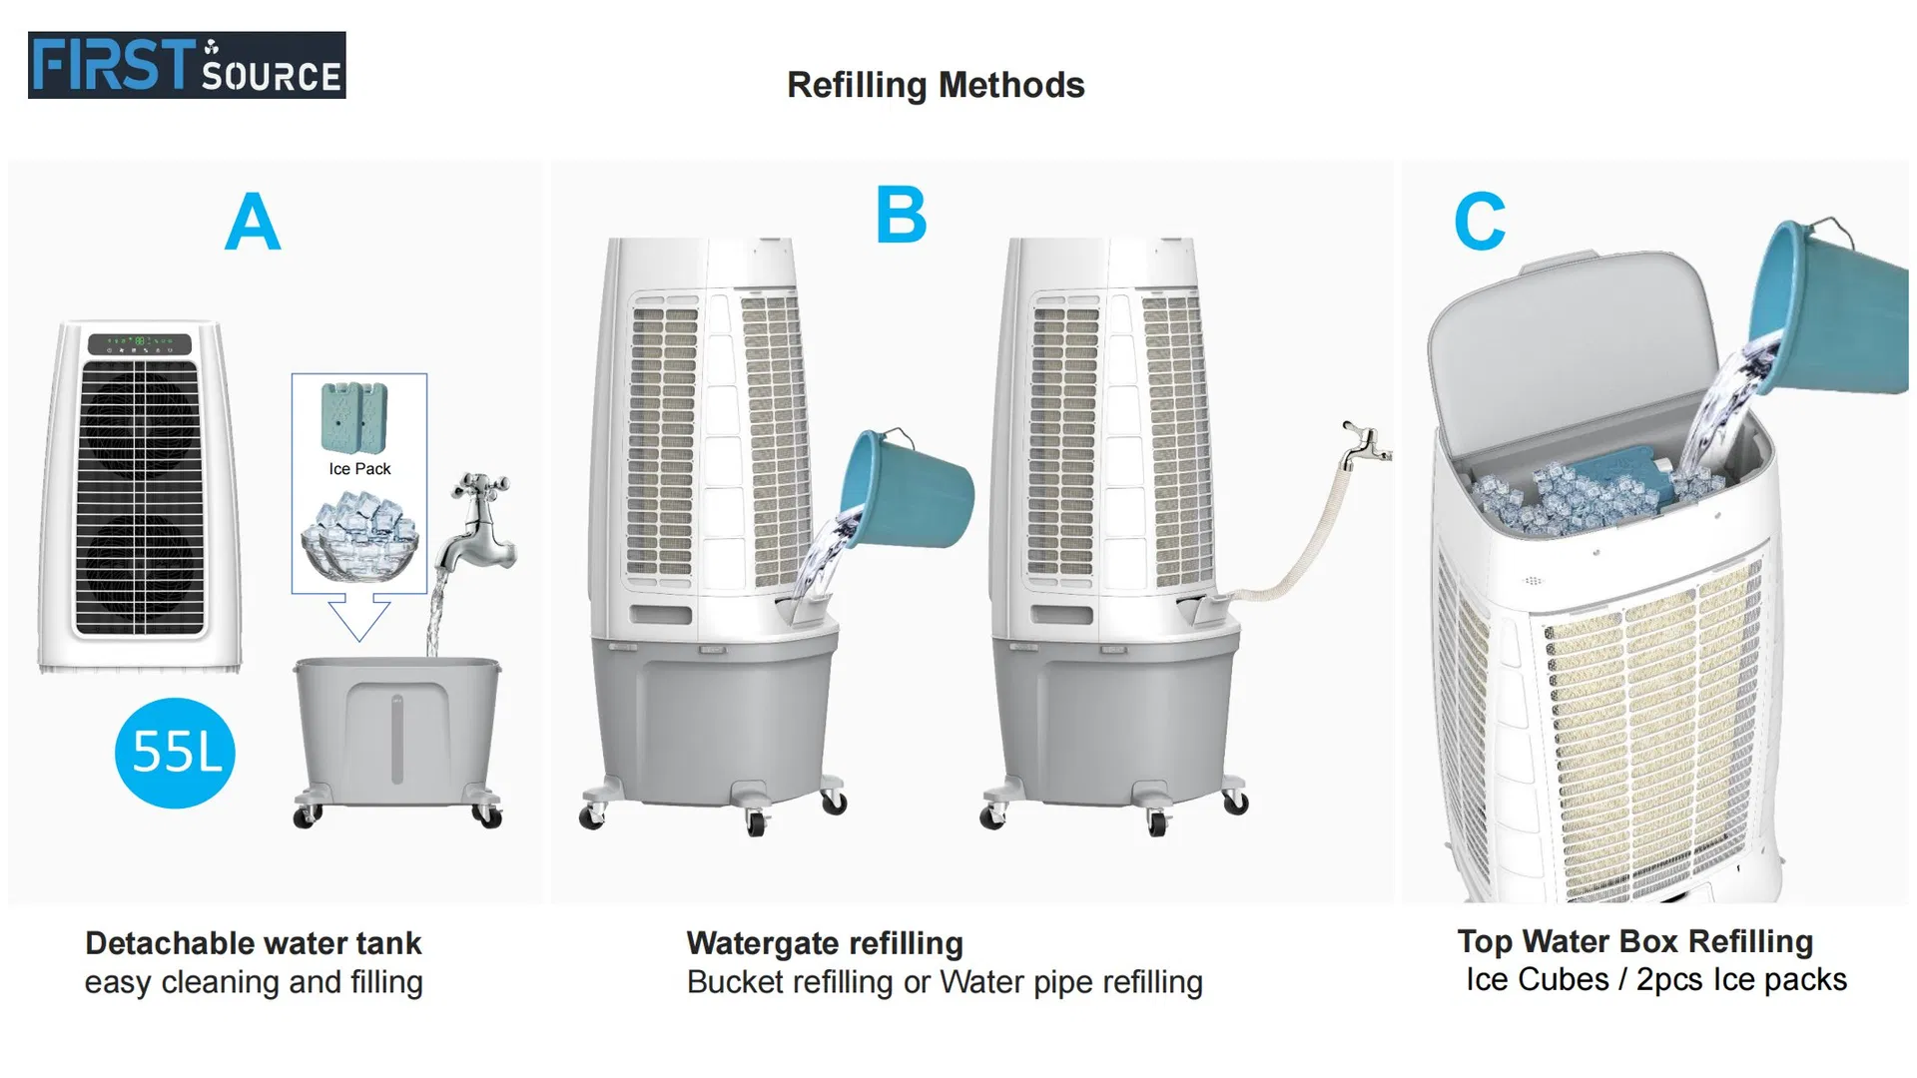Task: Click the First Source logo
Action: [x=187, y=65]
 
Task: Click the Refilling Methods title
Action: [x=936, y=86]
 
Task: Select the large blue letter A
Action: [x=253, y=222]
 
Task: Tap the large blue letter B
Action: [x=901, y=215]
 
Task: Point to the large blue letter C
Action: [x=1480, y=222]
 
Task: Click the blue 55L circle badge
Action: [x=175, y=753]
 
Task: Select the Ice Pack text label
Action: [x=359, y=468]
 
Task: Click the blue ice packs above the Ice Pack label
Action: [x=354, y=416]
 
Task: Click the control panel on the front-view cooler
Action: [x=139, y=343]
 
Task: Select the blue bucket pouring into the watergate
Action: [x=907, y=488]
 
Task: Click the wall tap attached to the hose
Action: [x=1364, y=445]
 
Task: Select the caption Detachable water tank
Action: [x=254, y=943]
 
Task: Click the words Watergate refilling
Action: [x=825, y=943]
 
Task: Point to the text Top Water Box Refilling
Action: [x=1635, y=941]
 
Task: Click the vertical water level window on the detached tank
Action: [x=397, y=739]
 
